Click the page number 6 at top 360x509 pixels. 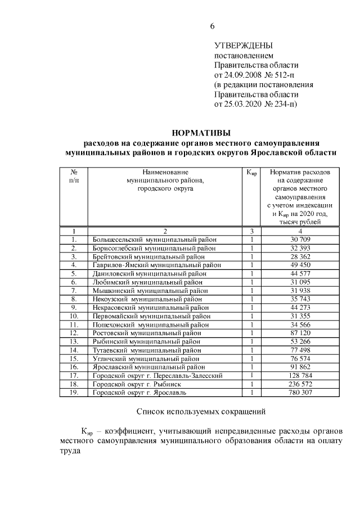(212, 26)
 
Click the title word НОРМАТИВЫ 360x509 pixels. (201, 133)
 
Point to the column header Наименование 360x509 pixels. (165, 171)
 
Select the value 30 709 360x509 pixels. (300, 240)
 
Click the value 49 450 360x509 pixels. (300, 265)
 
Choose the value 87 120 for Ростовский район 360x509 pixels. (300, 333)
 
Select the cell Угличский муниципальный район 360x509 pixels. (146, 358)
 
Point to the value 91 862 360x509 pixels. (300, 367)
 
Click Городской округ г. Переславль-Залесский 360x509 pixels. (158, 375)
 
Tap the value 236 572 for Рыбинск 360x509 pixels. (300, 384)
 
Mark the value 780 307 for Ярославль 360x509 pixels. (300, 392)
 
